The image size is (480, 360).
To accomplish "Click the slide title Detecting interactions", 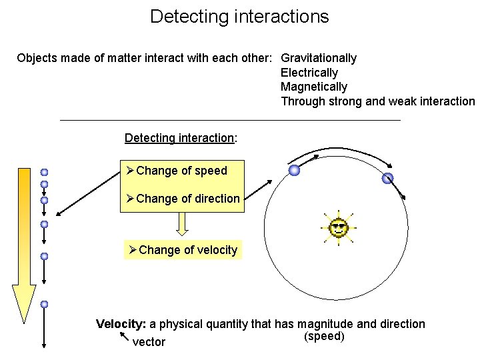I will [x=239, y=16].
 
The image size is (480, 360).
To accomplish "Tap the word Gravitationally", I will [x=319, y=58].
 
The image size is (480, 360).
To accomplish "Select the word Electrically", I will [x=309, y=73].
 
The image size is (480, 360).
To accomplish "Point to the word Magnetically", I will [x=314, y=87].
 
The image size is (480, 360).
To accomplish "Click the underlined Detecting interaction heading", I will [x=179, y=138].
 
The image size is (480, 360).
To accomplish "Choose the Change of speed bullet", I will [x=181, y=171].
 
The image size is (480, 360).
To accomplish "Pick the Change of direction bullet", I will [x=187, y=199].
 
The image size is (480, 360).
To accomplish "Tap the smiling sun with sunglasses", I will [x=339, y=228].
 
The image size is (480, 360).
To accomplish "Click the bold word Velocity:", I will [x=121, y=324].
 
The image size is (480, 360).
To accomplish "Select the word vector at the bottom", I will [x=149, y=342].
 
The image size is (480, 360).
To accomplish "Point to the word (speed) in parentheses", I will [x=324, y=336].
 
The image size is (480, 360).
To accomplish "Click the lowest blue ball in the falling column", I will [x=44, y=304].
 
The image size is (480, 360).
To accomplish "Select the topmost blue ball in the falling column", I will [x=44, y=172].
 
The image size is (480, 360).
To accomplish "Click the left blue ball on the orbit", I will [x=294, y=171].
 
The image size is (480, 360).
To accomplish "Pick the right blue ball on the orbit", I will [x=388, y=179].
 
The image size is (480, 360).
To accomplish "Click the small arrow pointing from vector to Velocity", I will [x=123, y=339].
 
